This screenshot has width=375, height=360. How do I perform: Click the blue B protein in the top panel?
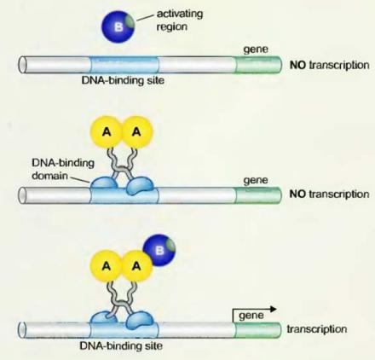[118, 26]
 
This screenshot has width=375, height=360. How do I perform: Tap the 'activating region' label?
[180, 20]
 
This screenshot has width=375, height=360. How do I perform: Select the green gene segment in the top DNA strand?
[258, 65]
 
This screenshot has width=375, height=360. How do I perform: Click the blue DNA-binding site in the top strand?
[124, 65]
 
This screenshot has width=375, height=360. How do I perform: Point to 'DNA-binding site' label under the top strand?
[123, 80]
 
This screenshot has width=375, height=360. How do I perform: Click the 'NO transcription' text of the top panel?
[329, 65]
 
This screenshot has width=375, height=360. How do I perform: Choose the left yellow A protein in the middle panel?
[107, 132]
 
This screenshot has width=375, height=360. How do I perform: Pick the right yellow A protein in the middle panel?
[137, 132]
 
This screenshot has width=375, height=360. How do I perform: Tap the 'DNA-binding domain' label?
[63, 169]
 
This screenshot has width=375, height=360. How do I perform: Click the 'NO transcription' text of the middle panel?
[329, 195]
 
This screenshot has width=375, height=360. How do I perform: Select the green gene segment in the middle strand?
[258, 195]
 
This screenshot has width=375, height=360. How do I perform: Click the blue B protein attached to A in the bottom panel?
[159, 250]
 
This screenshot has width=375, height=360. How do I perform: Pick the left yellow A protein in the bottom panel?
[107, 266]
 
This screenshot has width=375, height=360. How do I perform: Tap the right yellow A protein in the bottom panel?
[137, 266]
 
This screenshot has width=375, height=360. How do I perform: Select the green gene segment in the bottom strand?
[258, 330]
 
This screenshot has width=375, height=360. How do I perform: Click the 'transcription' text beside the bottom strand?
[317, 329]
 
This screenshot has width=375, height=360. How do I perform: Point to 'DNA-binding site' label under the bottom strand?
[121, 345]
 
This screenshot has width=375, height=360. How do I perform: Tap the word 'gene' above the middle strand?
[256, 181]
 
